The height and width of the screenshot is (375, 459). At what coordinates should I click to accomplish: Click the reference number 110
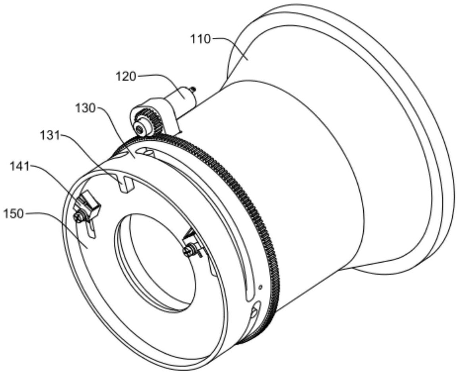point(200,39)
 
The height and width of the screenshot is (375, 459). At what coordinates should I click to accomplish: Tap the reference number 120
point(126,77)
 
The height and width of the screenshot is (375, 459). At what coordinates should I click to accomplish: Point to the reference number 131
point(50,136)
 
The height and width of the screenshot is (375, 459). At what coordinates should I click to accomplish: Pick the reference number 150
point(13,215)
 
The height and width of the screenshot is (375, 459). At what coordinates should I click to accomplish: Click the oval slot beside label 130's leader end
point(145,152)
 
